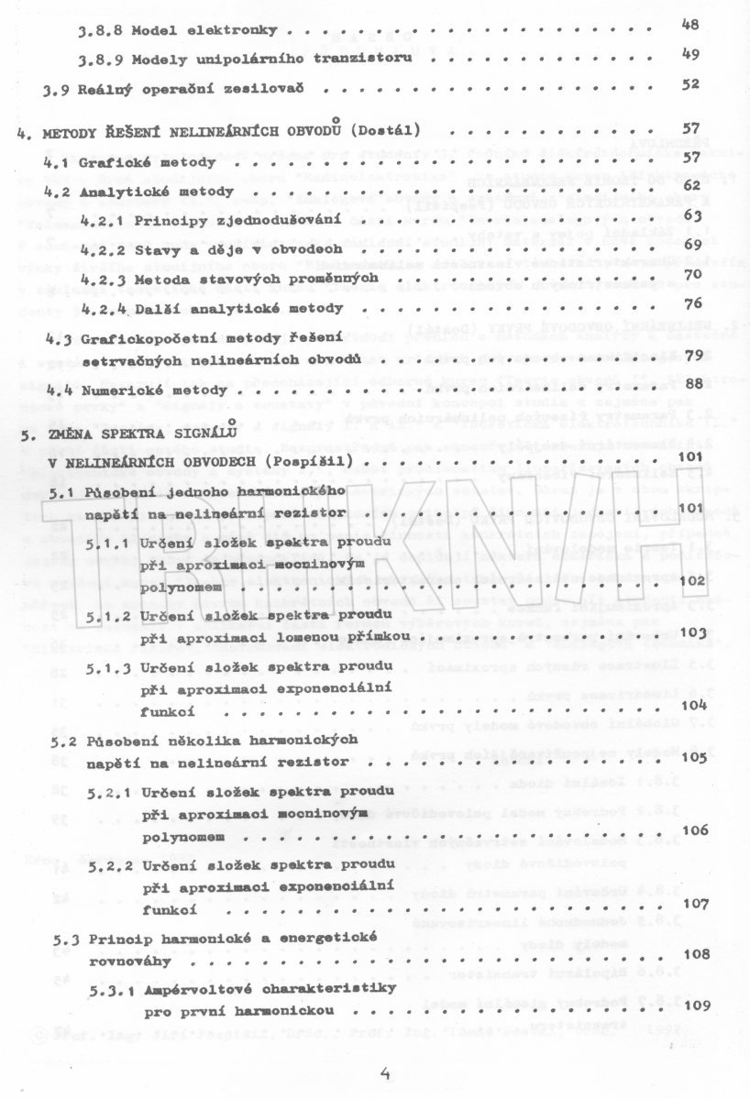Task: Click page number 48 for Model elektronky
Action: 690,25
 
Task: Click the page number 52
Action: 690,84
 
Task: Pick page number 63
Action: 690,215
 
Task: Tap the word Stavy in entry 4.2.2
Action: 157,248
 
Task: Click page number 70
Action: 690,273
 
